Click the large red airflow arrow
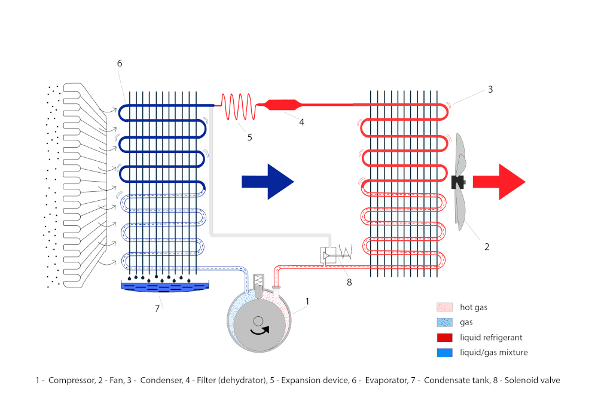coord(498,182)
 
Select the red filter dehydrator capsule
coord(280,105)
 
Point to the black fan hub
coord(459,182)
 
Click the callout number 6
coord(120,63)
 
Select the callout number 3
coord(490,90)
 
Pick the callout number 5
coord(249,137)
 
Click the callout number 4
coord(301,122)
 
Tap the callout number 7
coord(158,308)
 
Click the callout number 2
coord(487,246)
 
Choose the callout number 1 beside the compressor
coord(307,302)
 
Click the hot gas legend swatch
coord(444,307)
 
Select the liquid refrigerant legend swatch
coord(444,338)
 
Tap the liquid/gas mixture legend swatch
coord(444,353)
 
